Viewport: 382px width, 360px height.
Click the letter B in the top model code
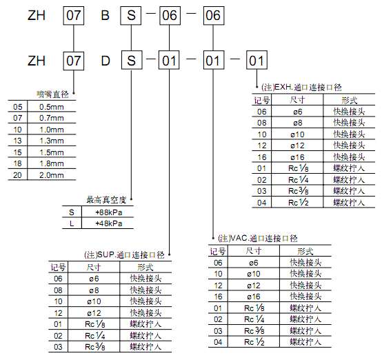[105, 16]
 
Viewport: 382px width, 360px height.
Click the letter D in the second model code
[105, 61]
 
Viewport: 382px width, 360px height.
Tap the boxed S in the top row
[131, 16]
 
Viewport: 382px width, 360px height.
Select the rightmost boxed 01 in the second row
[257, 60]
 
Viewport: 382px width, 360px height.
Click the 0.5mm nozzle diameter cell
[52, 107]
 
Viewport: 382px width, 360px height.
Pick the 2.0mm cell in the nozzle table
[52, 175]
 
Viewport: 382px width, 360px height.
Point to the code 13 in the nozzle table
[17, 141]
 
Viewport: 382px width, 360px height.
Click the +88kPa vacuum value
[109, 212]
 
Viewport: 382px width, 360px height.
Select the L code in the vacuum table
[72, 223]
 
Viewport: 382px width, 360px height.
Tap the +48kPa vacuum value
[109, 223]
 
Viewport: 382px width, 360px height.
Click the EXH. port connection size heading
[301, 88]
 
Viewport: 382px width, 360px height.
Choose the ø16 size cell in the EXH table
[297, 157]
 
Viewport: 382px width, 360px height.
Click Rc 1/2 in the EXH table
[299, 202]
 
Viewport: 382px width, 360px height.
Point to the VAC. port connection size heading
[257, 238]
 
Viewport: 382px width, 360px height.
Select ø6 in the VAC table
[254, 263]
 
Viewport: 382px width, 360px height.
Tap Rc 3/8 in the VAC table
[254, 331]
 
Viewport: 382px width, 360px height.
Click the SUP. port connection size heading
[124, 255]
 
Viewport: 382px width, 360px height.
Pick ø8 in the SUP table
[94, 290]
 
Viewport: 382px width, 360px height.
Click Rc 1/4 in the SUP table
[94, 336]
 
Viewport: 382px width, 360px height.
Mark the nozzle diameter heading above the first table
[52, 94]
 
